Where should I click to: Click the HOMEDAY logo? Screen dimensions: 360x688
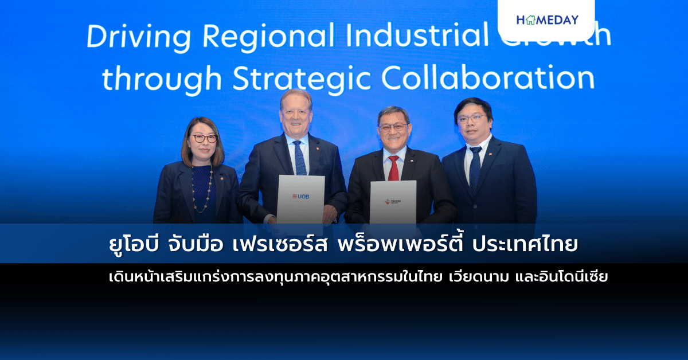(547, 20)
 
